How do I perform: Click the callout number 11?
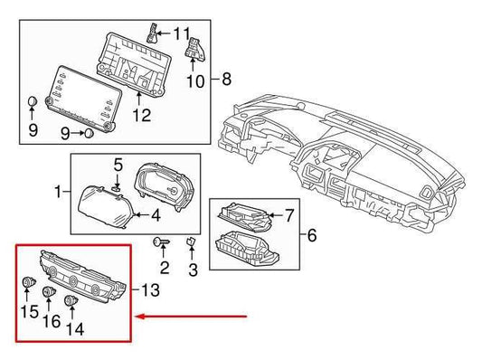pyautogui.click(x=182, y=36)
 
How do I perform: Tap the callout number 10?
pyautogui.click(x=195, y=81)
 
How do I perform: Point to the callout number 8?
pyautogui.click(x=226, y=79)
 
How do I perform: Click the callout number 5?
pyautogui.click(x=118, y=165)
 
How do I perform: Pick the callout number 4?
pyautogui.click(x=156, y=215)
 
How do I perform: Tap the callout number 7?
pyautogui.click(x=289, y=215)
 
